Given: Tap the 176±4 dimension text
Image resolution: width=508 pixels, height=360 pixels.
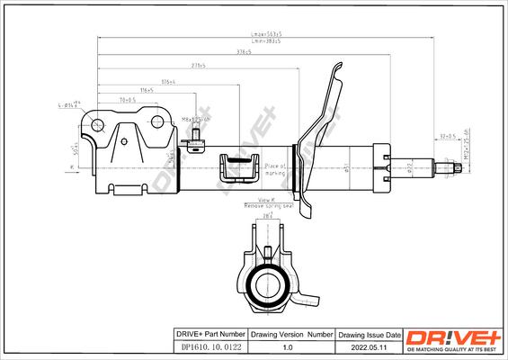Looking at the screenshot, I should click(x=167, y=82).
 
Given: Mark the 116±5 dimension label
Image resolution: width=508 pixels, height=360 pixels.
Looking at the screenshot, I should click(x=146, y=90).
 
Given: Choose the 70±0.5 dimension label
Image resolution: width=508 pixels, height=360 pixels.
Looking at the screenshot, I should click(x=128, y=99).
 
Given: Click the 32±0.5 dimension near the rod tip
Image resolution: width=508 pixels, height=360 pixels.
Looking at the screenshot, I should click(x=447, y=136).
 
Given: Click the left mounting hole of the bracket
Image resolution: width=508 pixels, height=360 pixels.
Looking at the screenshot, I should click(x=98, y=124).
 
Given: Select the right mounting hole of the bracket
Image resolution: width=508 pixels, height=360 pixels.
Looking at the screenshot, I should click(x=158, y=121).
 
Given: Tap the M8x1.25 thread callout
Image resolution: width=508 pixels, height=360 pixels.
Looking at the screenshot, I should click(x=195, y=118).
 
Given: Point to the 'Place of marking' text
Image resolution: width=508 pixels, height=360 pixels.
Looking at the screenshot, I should click(x=275, y=168).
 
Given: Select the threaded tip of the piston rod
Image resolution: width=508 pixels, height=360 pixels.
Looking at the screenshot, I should click(x=444, y=166).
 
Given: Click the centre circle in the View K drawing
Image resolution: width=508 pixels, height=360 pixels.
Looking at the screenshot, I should click(x=266, y=286).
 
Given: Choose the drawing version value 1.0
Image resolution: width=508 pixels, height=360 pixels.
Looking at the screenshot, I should click(x=289, y=346).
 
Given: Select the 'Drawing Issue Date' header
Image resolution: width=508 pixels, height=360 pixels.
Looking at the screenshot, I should click(x=369, y=334).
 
